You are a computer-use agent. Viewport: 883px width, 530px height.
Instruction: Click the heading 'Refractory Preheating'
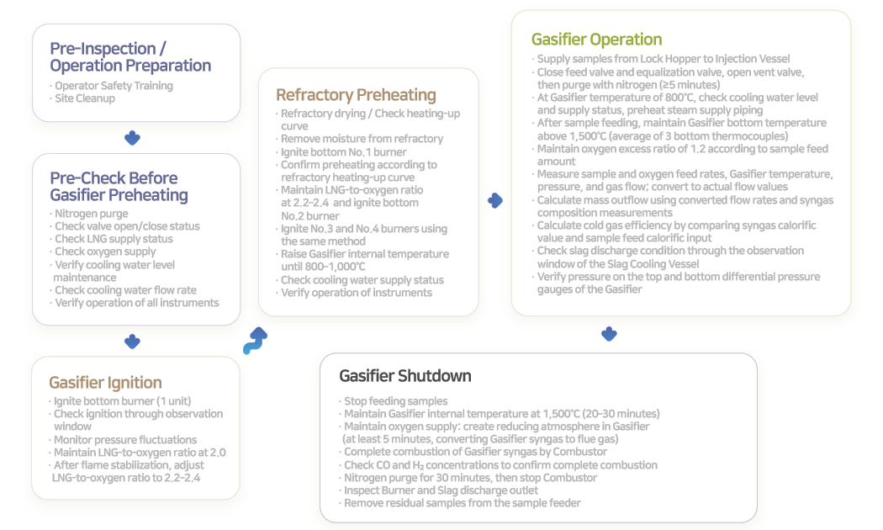click(356, 94)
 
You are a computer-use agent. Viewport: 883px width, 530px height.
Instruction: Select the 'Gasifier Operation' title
click(596, 39)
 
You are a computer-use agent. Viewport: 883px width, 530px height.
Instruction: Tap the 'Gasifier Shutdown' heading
click(404, 375)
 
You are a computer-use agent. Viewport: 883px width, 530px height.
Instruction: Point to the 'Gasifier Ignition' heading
click(105, 382)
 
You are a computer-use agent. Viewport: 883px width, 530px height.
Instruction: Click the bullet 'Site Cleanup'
click(84, 98)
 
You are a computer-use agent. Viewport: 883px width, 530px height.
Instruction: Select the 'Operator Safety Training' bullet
click(113, 86)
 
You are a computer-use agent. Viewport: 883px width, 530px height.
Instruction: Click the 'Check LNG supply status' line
click(114, 239)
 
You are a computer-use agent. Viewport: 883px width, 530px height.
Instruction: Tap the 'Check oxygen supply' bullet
click(104, 252)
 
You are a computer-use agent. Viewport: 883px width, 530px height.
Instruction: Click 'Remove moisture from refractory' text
click(362, 139)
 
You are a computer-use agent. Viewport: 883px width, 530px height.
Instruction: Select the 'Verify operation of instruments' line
click(356, 293)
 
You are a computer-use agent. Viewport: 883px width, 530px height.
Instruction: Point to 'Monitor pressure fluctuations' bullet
click(124, 439)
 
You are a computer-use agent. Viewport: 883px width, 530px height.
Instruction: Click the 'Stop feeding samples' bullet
click(395, 401)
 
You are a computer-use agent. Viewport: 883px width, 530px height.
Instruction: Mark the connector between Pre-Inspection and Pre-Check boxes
click(132, 138)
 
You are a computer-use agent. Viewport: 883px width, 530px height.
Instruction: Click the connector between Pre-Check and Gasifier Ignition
click(132, 342)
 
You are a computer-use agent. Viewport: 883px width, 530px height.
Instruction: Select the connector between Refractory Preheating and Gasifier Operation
click(495, 200)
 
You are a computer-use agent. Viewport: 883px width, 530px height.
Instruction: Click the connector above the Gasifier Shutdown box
click(609, 334)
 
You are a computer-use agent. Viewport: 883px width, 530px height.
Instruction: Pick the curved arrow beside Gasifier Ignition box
click(255, 340)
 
